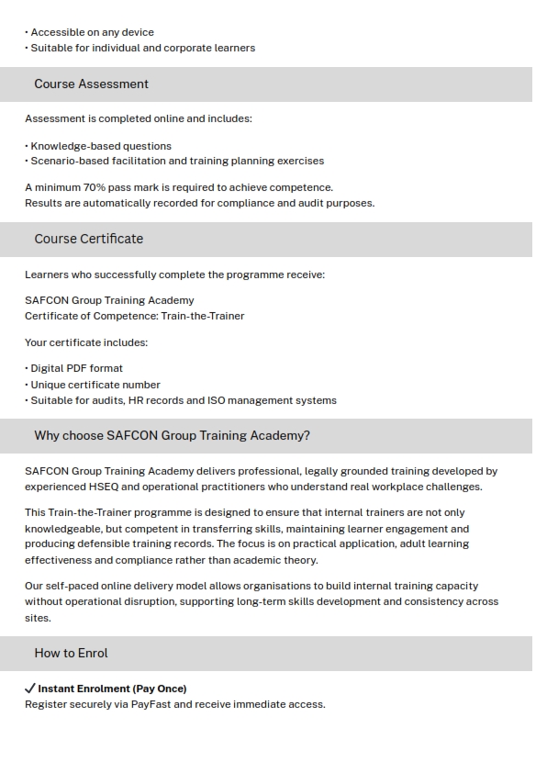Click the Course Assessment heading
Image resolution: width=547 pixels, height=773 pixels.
[x=91, y=84]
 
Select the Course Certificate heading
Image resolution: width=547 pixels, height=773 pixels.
[x=88, y=239]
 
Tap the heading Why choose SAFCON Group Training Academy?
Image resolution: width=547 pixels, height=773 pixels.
[x=172, y=435]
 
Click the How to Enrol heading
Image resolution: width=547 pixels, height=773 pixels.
[x=71, y=653]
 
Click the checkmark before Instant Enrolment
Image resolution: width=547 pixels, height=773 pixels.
[x=30, y=688]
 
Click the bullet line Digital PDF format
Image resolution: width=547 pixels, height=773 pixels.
[x=76, y=368]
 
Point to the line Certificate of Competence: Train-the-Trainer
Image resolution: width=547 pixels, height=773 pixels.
[x=134, y=316]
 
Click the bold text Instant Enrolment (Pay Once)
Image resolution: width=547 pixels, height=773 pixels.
[x=112, y=689]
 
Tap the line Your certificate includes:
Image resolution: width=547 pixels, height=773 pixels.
[x=86, y=342]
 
